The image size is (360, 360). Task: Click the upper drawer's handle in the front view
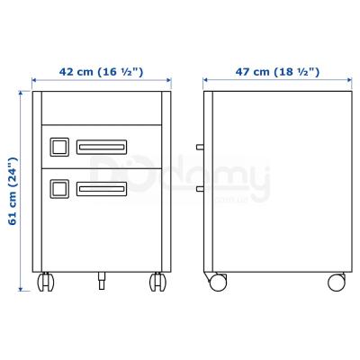(101, 146)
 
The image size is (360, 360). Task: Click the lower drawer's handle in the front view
(101, 188)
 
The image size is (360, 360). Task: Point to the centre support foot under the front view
(100, 281)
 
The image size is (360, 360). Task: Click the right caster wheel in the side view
(335, 282)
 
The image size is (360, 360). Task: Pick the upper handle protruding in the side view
(199, 146)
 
